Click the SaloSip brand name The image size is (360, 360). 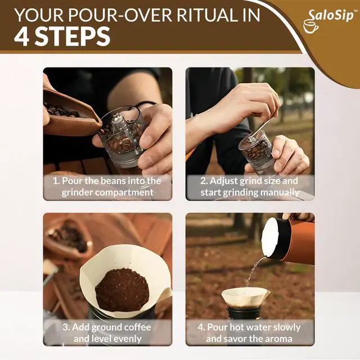click(331, 15)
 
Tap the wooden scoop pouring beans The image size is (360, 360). click(71, 116)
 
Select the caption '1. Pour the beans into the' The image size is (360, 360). click(107, 181)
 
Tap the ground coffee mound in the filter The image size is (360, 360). click(121, 290)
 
